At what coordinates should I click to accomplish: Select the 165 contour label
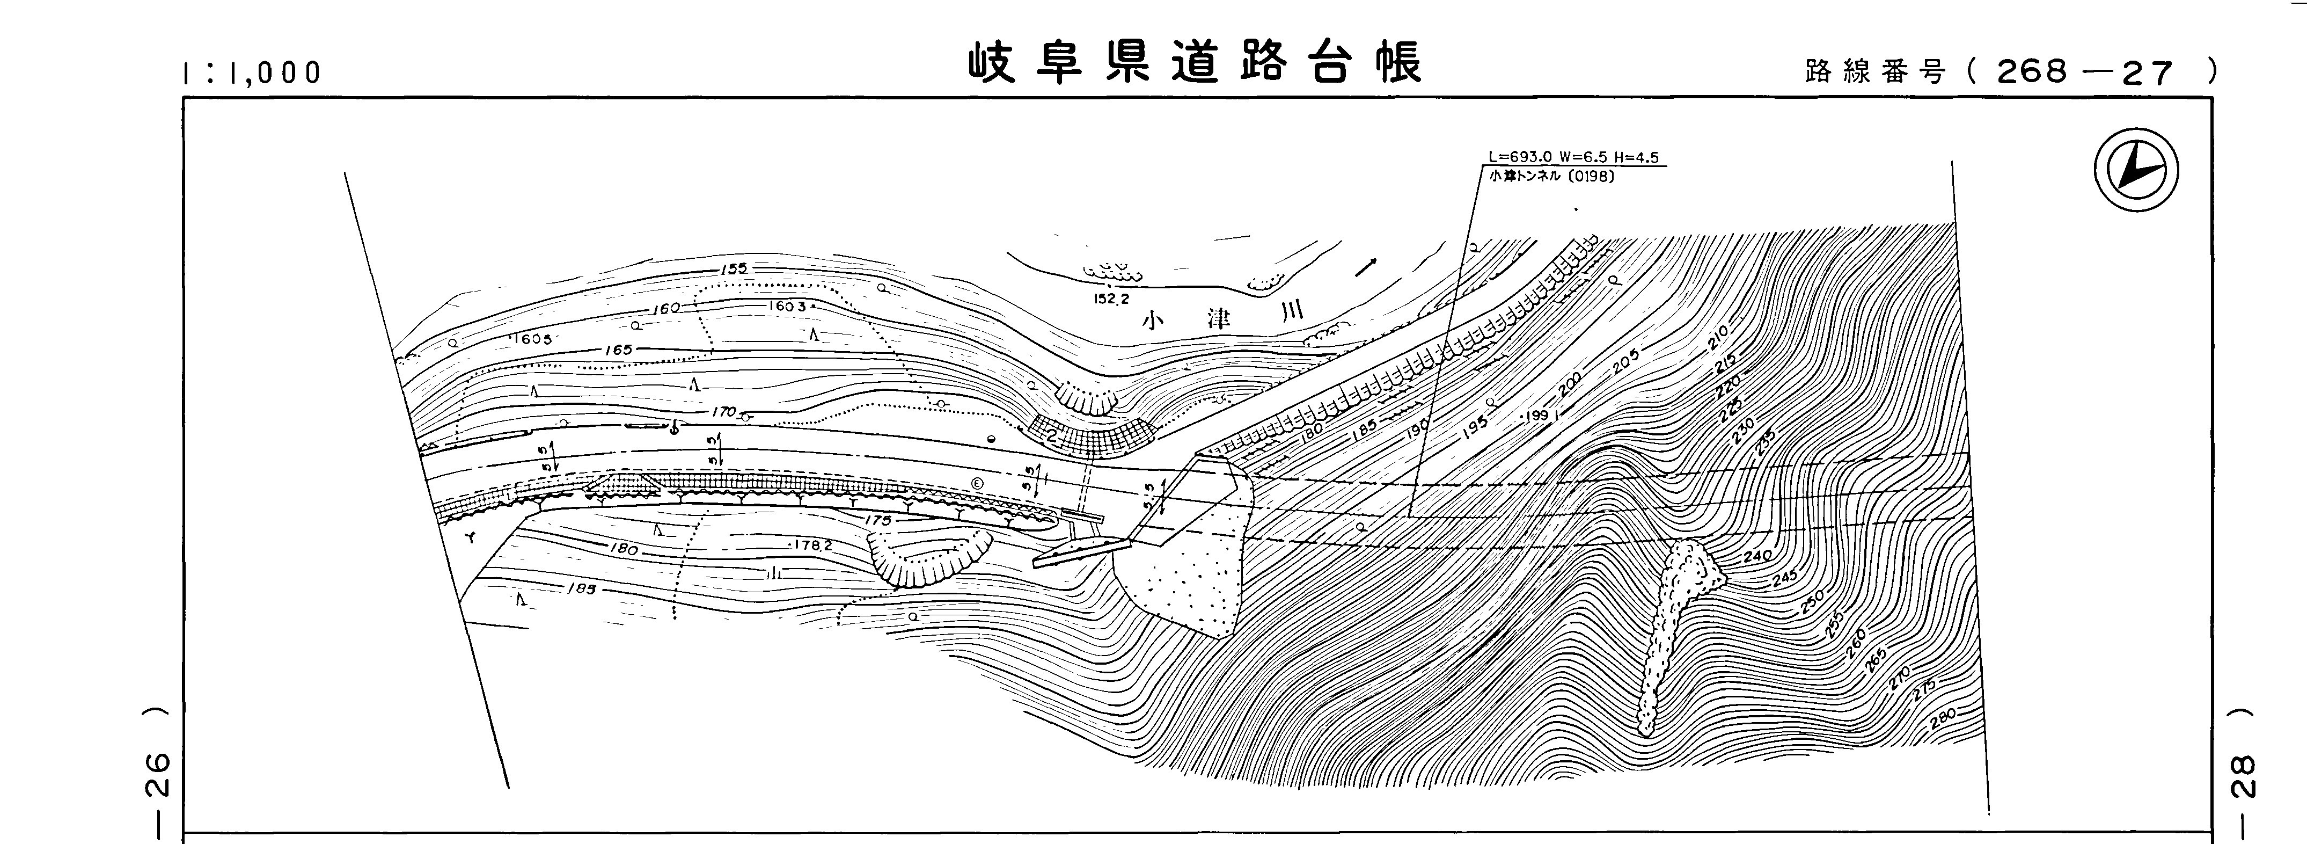pyautogui.click(x=619, y=350)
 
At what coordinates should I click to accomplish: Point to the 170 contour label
pyautogui.click(x=723, y=413)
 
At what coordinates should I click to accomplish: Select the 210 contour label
pyautogui.click(x=1717, y=339)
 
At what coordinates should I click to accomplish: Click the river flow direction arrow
pyautogui.click(x=1366, y=265)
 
